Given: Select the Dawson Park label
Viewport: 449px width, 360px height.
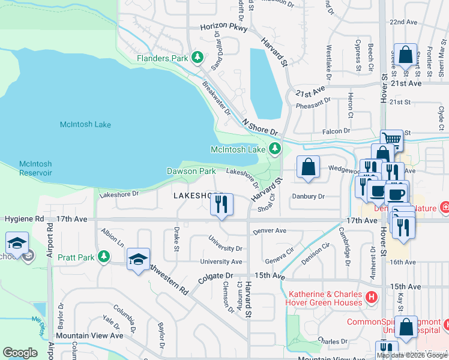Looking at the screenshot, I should pyautogui.click(x=191, y=171).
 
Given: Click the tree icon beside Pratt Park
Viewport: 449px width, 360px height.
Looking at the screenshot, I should pyautogui.click(x=104, y=257).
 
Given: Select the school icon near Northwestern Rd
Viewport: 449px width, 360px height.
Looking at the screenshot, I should pyautogui.click(x=138, y=260).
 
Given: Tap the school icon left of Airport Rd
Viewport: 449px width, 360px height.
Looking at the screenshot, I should pyautogui.click(x=16, y=243).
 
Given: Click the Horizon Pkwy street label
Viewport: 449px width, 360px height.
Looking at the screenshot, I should pyautogui.click(x=223, y=28).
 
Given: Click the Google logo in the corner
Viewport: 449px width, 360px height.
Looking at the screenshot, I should pyautogui.click(x=20, y=352).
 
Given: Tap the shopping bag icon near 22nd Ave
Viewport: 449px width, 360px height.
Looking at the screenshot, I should pyautogui.click(x=406, y=55).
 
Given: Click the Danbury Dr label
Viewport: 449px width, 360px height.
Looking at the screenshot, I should pyautogui.click(x=308, y=196).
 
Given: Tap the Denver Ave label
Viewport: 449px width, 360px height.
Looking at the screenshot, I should pyautogui.click(x=270, y=230).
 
